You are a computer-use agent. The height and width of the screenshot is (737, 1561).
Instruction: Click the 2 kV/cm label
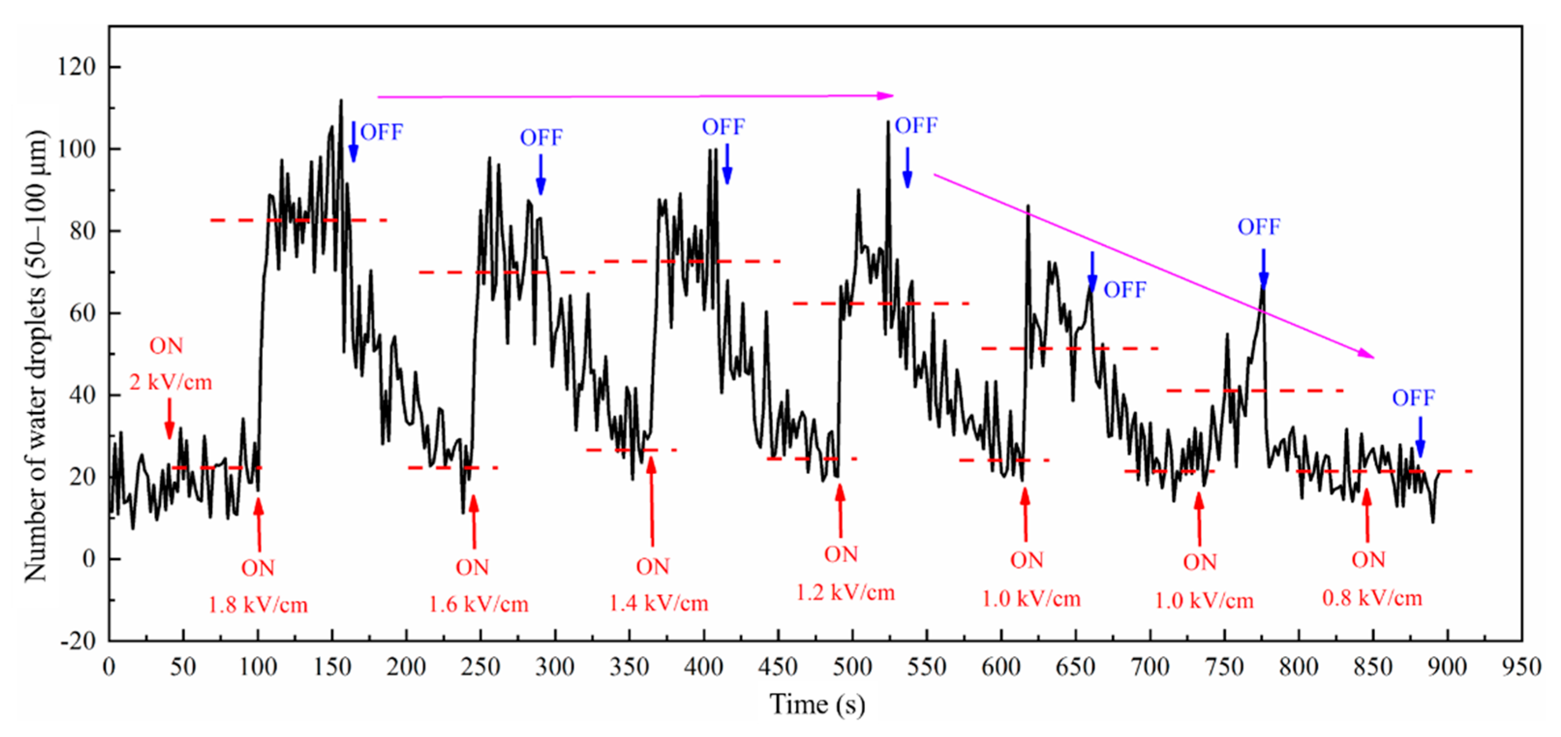click(170, 383)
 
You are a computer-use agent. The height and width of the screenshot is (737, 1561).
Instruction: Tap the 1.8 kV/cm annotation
click(258, 605)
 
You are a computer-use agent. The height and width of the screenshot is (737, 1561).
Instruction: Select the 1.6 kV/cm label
click(479, 604)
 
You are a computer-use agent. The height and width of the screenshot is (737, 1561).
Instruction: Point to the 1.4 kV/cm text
click(658, 604)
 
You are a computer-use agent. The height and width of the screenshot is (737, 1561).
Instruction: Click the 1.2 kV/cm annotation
click(845, 593)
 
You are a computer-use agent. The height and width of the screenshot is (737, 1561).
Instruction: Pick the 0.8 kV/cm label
click(1372, 599)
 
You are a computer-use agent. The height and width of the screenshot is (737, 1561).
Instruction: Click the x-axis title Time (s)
click(818, 705)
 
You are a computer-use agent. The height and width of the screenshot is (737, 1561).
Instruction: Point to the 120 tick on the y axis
click(76, 67)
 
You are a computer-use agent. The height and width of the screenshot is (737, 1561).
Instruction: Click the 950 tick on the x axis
click(1521, 668)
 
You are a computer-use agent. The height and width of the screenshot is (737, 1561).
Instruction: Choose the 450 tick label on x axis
click(777, 668)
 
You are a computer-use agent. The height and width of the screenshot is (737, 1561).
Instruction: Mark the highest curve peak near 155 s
click(341, 101)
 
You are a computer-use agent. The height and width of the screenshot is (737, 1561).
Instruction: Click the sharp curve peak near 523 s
click(888, 122)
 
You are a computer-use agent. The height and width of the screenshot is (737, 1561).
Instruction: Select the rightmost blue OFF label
click(1413, 398)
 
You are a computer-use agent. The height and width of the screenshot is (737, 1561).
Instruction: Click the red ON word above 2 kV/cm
click(166, 346)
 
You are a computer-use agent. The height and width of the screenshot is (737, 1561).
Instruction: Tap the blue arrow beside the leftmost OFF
click(353, 142)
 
